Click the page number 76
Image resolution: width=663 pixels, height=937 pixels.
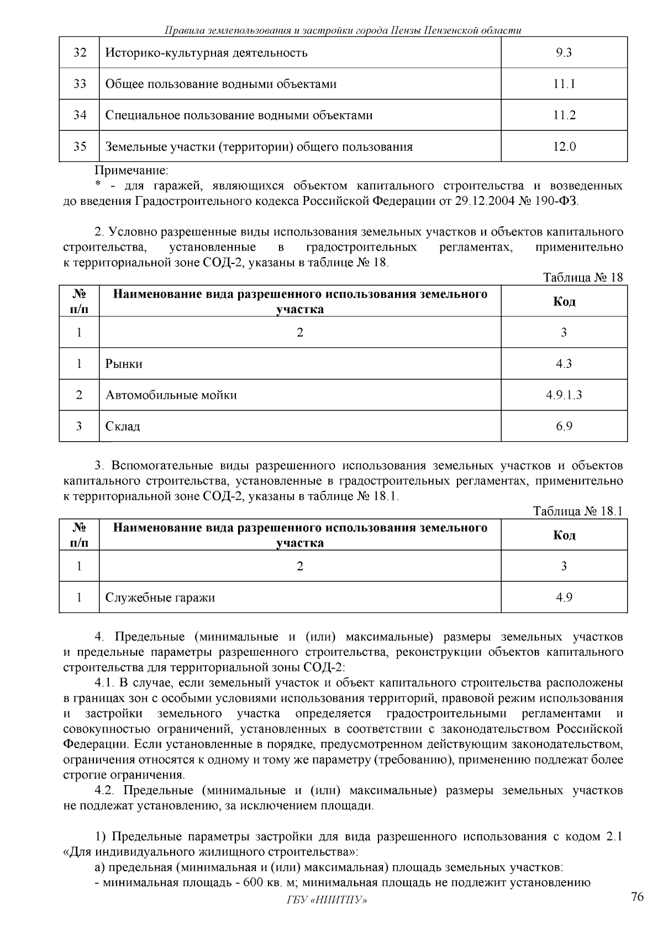(637, 897)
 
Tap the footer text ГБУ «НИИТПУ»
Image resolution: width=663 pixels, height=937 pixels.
(327, 901)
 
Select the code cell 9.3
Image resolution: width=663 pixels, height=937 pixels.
(564, 53)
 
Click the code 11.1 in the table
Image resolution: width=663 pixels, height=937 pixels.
(564, 84)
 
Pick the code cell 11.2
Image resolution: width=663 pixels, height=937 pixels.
(564, 115)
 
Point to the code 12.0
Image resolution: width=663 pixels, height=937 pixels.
(564, 147)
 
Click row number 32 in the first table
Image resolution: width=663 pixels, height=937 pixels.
(80, 53)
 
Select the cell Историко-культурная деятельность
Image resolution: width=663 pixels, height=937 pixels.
(206, 53)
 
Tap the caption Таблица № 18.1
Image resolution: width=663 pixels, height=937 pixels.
(578, 511)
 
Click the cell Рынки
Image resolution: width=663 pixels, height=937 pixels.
(124, 364)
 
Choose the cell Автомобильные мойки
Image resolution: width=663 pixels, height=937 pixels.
(171, 395)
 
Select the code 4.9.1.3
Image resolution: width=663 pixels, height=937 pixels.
(564, 395)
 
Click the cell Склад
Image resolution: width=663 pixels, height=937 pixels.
(123, 427)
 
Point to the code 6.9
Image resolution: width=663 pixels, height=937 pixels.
(564, 427)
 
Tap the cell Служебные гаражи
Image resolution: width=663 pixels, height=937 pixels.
(160, 598)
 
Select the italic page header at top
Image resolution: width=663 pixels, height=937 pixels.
(343, 30)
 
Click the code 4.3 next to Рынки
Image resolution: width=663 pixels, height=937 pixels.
(564, 364)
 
